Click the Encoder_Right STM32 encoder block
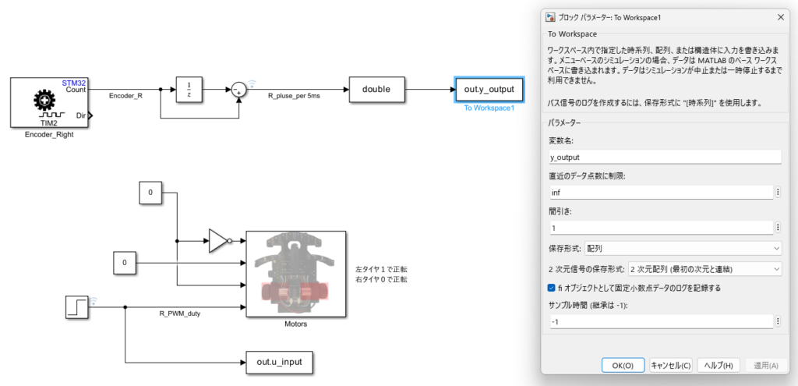point(49,103)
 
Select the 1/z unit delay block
point(189,90)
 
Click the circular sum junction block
point(238,90)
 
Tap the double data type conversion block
point(376,90)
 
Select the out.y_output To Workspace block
point(489,90)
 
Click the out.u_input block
point(279,362)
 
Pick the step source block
point(77,307)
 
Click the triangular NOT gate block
point(220,241)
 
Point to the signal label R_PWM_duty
point(180,313)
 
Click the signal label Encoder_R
point(125,95)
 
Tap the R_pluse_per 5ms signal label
point(294,96)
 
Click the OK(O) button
point(623,366)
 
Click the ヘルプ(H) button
point(718,366)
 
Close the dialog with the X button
point(781,17)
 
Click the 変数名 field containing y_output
point(664,158)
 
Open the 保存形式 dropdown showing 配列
point(683,248)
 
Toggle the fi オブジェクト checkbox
point(551,289)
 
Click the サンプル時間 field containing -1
point(660,322)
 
